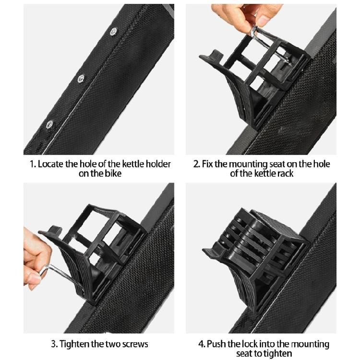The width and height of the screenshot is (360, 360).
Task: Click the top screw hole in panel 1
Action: click(113, 31)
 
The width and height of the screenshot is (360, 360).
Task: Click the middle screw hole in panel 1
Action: click(81, 78)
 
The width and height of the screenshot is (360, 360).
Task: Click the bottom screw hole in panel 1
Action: click(49, 124)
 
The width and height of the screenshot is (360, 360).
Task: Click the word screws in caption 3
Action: click(135, 344)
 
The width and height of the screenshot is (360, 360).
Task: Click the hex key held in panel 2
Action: click(271, 44)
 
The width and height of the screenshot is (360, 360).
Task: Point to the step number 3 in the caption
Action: click(54, 344)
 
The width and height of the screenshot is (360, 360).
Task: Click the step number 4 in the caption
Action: click(201, 344)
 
